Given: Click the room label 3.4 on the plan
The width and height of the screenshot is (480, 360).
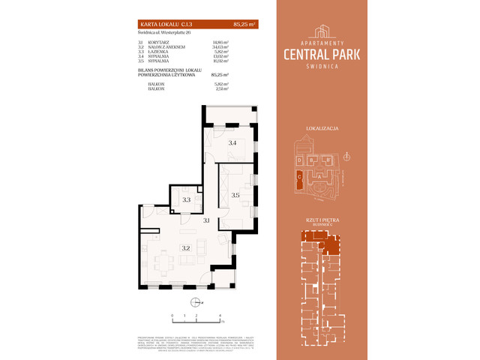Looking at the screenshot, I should coord(232,142).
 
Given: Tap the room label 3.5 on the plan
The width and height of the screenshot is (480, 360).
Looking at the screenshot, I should coord(235,196).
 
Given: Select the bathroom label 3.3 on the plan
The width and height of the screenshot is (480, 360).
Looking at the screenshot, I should coord(186,200).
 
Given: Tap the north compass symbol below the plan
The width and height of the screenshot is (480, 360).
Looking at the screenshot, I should coord(196,302).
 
